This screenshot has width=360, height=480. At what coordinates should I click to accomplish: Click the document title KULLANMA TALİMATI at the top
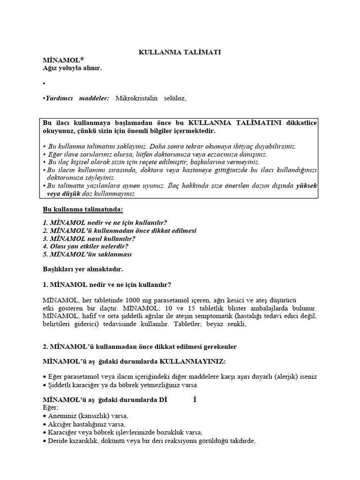(180, 52)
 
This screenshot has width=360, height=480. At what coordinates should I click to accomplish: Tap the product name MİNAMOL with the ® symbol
(63, 60)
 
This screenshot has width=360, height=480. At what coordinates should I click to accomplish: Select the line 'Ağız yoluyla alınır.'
(72, 68)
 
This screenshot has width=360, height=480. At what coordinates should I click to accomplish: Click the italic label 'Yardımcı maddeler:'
(77, 98)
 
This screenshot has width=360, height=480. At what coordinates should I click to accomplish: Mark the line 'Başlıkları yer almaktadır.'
(83, 270)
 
